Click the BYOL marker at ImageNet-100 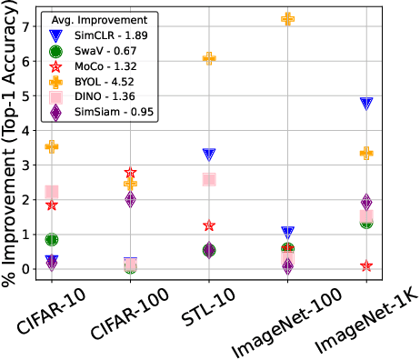[x=288, y=18]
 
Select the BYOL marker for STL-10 [x=209, y=58]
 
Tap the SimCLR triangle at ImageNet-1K [x=366, y=104]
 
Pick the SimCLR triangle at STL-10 [x=209, y=155]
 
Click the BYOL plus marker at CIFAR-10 [x=52, y=146]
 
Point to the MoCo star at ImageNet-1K [x=366, y=265]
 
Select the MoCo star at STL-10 [x=209, y=225]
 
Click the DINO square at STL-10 [x=209, y=179]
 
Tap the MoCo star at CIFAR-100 [x=131, y=173]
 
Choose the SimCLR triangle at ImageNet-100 [x=288, y=234]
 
